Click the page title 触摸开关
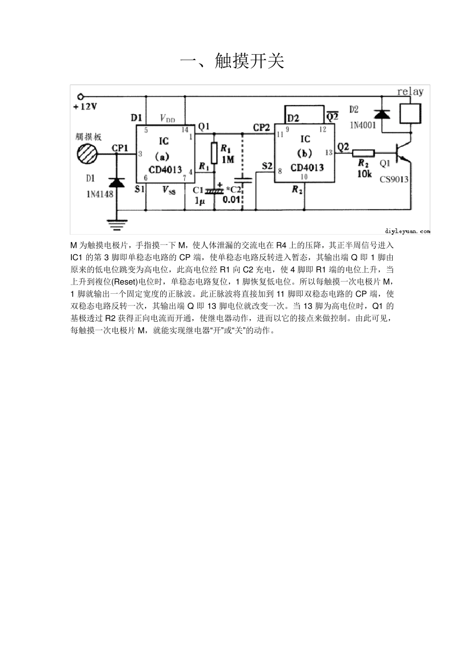click(x=232, y=61)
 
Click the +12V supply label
click(x=85, y=107)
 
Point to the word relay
click(x=410, y=92)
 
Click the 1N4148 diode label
click(x=100, y=194)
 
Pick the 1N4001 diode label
click(x=362, y=125)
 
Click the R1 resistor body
click(x=213, y=153)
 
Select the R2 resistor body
click(x=364, y=153)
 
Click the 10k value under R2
click(x=364, y=174)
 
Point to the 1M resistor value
click(x=228, y=159)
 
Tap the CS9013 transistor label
click(x=394, y=179)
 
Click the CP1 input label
click(x=120, y=148)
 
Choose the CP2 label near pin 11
click(x=261, y=127)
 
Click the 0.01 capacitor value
click(x=232, y=199)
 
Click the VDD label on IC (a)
click(x=167, y=118)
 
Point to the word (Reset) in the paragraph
click(x=125, y=282)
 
